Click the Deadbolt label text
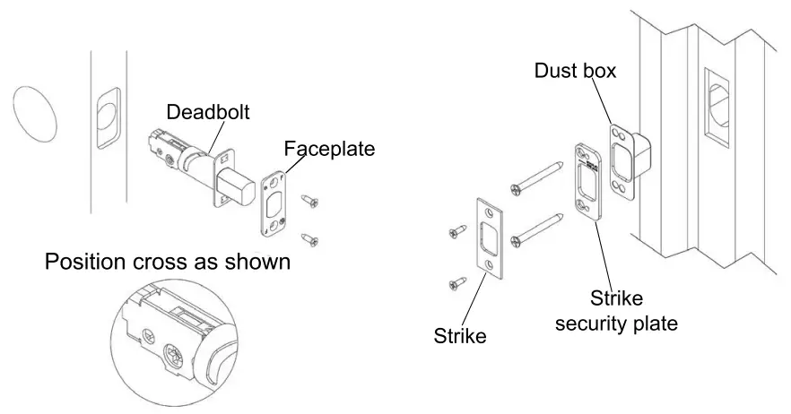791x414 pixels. point(208,112)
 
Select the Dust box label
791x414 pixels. point(575,70)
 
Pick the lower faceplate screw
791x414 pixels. point(309,237)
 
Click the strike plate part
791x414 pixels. point(491,236)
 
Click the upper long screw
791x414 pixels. point(540,177)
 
